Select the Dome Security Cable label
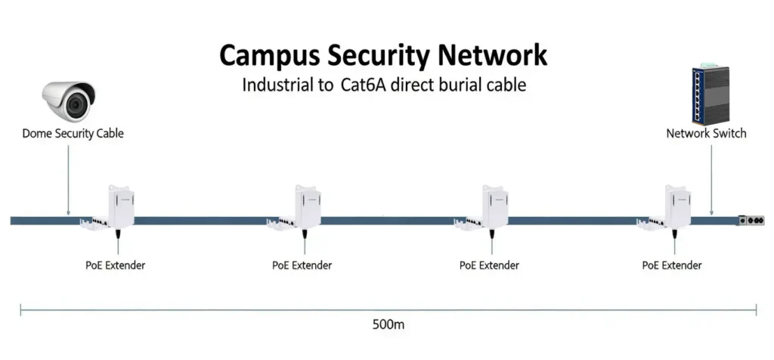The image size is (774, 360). pos(73,133)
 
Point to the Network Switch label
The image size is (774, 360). pos(706,133)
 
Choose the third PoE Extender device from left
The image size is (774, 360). pos(494,205)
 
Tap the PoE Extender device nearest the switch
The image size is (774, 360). pos(676,205)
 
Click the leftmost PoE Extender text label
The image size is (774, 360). pos(115,265)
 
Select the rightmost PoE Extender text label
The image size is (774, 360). pos(672,265)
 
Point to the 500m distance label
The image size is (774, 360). pos(389,324)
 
